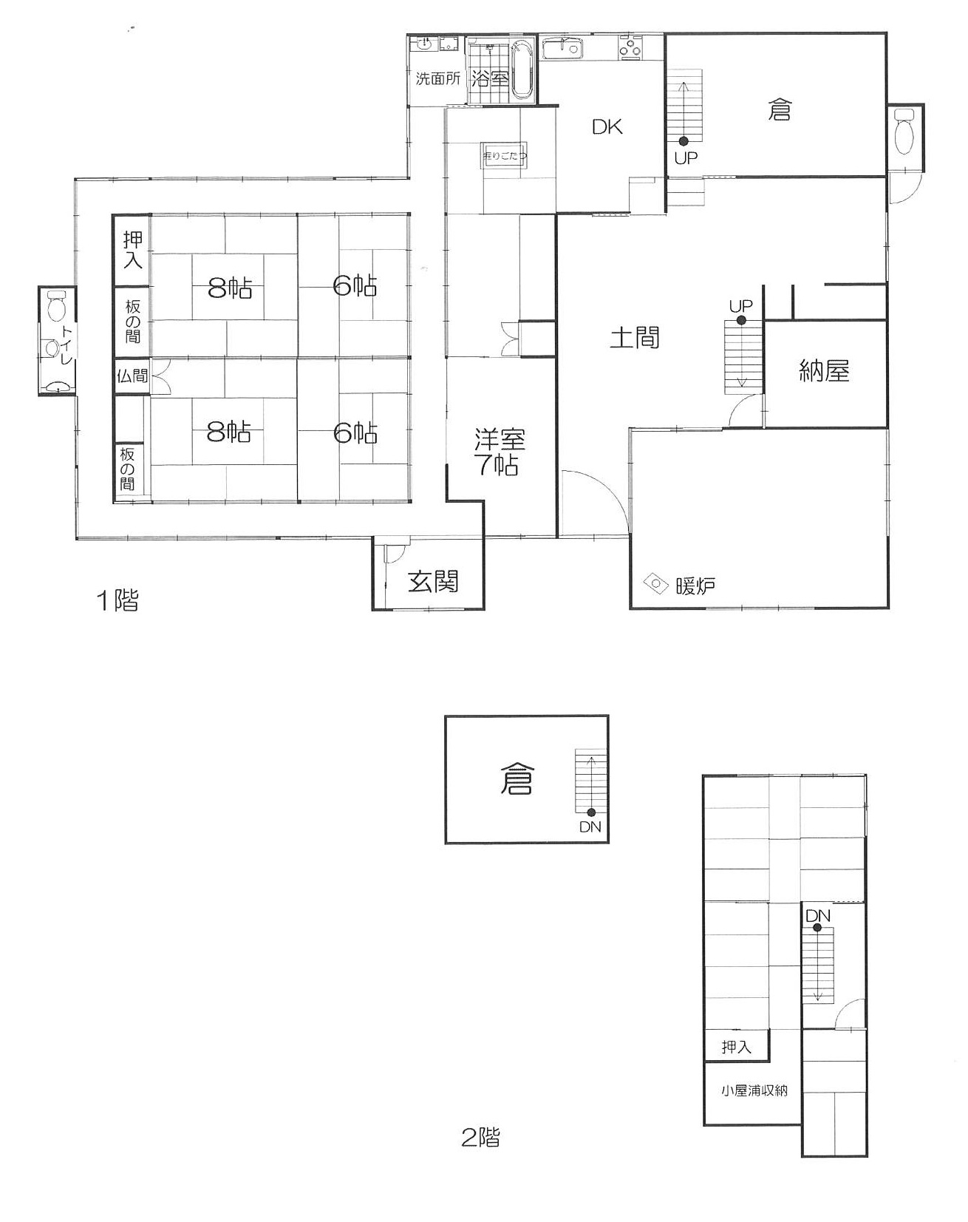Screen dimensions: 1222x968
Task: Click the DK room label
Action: [x=607, y=126]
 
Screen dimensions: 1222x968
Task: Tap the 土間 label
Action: [x=635, y=338]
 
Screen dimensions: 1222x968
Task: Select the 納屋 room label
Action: [x=824, y=370]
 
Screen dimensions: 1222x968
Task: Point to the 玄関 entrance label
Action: [x=433, y=582]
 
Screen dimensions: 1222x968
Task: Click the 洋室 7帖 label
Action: [x=500, y=452]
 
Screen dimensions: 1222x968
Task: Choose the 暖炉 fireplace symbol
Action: [x=655, y=584]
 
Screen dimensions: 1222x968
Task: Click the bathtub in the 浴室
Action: [x=522, y=70]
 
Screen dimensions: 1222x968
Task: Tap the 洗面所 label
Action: [x=438, y=78]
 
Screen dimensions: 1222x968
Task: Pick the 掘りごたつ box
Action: [x=505, y=156]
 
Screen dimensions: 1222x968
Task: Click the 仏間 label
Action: [x=132, y=376]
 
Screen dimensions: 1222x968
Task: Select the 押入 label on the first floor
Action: [x=132, y=249]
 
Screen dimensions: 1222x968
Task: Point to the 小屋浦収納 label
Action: [x=754, y=1090]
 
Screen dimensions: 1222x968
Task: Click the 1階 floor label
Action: [x=117, y=600]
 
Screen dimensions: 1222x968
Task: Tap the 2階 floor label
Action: [x=480, y=1136]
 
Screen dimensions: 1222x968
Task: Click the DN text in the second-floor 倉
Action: [x=590, y=827]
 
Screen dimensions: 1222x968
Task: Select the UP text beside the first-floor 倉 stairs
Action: [x=686, y=157]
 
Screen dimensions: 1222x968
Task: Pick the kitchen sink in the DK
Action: [x=563, y=50]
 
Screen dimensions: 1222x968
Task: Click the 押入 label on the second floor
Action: [x=736, y=1046]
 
